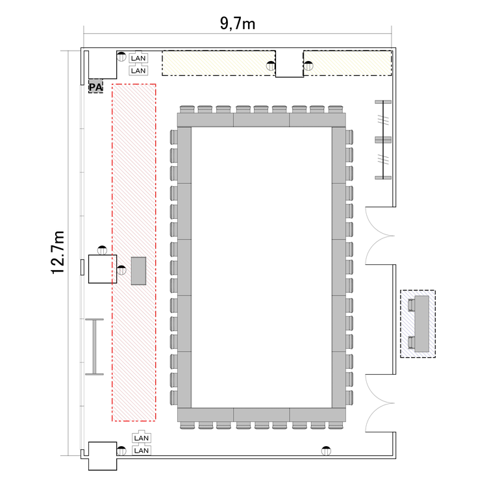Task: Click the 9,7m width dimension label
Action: [x=238, y=23]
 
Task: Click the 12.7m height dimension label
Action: [x=58, y=253]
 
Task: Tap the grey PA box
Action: [x=95, y=86]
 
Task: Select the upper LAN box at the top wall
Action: [x=138, y=58]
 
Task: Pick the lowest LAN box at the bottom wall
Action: [x=142, y=451]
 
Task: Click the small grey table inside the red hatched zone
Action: [x=138, y=271]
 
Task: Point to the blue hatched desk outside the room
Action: [x=418, y=324]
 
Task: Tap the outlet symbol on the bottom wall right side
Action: [x=326, y=451]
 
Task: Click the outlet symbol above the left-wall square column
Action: [x=102, y=250]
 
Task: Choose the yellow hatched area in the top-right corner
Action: [x=347, y=63]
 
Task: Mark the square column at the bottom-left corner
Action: [x=103, y=456]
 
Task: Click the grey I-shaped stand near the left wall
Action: [x=94, y=347]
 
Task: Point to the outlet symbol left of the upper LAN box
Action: [x=121, y=56]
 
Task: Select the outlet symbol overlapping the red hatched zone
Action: [x=121, y=270]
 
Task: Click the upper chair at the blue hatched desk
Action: [x=411, y=305]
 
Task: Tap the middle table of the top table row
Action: [x=261, y=120]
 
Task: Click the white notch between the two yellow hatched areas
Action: [x=290, y=64]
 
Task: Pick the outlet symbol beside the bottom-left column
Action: [x=121, y=451]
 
